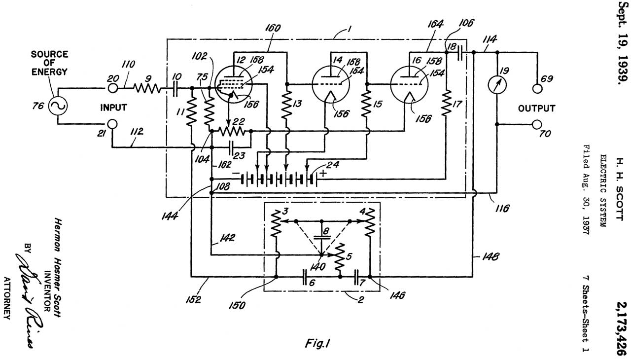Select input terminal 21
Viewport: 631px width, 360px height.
112,124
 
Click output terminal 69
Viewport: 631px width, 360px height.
537,89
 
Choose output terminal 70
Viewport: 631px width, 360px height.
537,124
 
